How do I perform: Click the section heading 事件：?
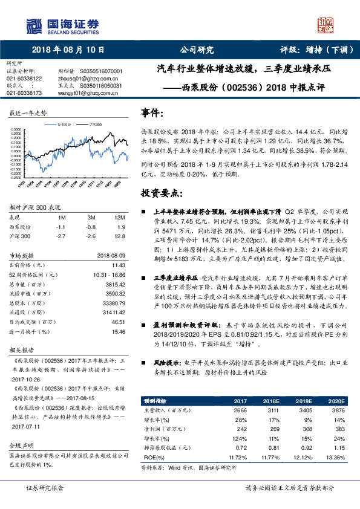point(152,113)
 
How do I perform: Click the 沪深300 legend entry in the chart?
point(95,123)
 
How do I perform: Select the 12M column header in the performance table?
point(119,218)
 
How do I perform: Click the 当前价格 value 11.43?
point(118,265)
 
